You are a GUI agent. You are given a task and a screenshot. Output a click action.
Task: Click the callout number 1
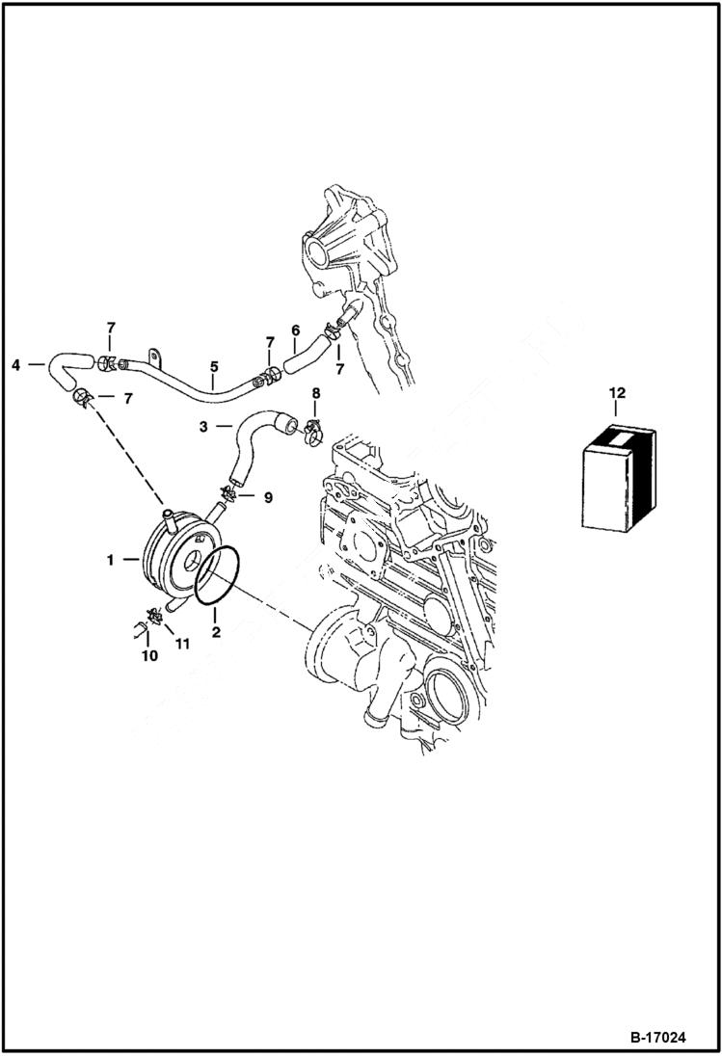click(110, 559)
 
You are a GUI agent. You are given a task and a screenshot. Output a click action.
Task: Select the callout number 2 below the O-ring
click(216, 632)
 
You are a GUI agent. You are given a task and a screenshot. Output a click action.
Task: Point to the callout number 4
click(16, 365)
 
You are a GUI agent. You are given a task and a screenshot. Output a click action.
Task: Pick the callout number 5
click(213, 366)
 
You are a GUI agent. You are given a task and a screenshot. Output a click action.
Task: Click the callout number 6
click(296, 330)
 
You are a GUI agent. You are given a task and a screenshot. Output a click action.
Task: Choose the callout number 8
click(315, 393)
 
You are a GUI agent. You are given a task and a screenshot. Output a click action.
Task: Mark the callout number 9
click(268, 497)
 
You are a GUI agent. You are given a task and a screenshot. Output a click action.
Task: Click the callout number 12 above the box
click(618, 393)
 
